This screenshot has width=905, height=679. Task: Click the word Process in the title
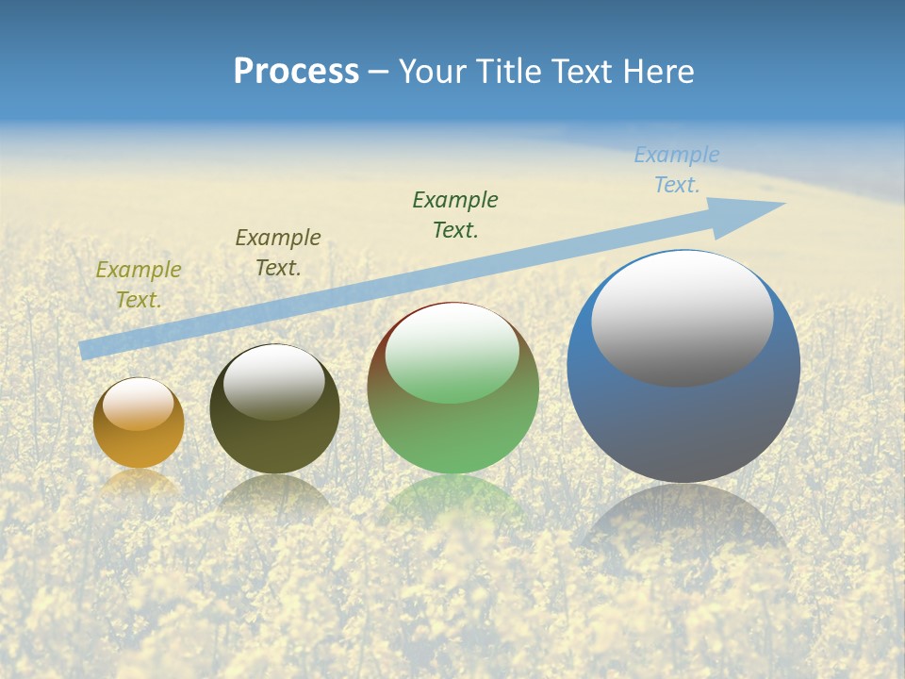click(296, 72)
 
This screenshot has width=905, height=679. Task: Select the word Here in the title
click(659, 72)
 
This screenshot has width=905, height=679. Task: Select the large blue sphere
click(683, 424)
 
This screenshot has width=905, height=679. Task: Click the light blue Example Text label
click(677, 170)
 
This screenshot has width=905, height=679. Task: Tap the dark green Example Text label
click(455, 214)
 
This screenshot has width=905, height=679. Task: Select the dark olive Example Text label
click(278, 252)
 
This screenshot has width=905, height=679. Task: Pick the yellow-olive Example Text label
click(139, 284)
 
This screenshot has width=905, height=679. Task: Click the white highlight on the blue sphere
click(682, 318)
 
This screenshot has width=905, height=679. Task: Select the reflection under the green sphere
click(452, 500)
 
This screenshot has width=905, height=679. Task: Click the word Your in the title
click(436, 72)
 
